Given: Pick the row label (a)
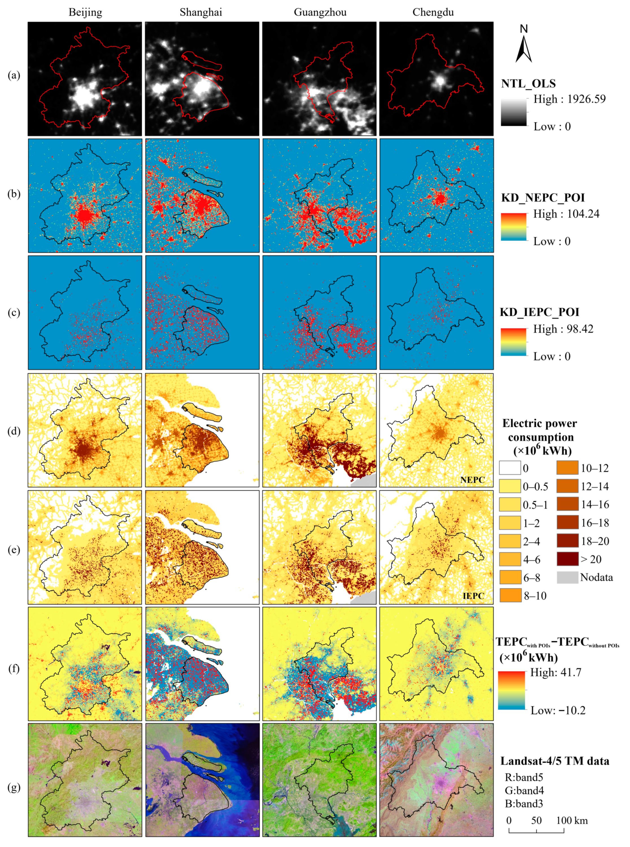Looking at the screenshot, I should click(14, 75).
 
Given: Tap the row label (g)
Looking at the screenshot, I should click(14, 787).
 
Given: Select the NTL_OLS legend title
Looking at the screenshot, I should click(528, 84).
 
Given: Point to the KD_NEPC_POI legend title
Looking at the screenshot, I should click(543, 198).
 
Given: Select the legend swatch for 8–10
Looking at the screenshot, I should click(510, 596).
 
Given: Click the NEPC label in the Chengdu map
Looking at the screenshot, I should click(472, 480).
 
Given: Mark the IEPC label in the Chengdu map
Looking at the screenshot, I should click(473, 596).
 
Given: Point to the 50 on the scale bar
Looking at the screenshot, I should click(536, 820).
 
